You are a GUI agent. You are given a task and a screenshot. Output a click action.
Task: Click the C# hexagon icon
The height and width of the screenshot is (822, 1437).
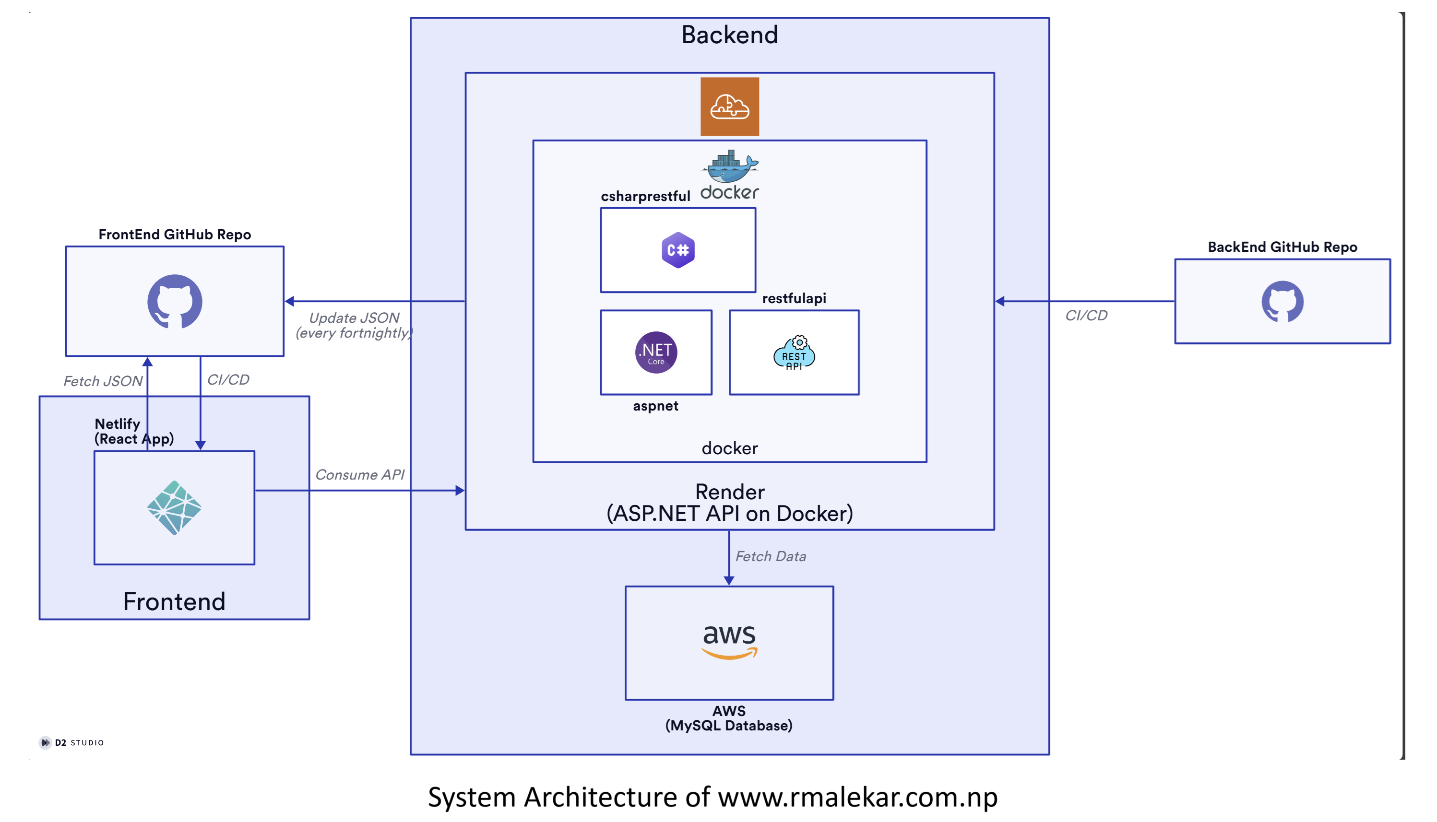point(677,249)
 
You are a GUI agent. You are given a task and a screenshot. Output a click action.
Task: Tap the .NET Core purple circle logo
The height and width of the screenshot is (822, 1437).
point(655,352)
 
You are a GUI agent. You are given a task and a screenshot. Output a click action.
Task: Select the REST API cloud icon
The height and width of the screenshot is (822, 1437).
point(794,353)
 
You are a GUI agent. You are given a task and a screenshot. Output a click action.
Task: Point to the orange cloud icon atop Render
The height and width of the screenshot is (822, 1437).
point(729,106)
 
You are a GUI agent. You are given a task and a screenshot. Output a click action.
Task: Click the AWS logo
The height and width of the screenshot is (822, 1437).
point(729,641)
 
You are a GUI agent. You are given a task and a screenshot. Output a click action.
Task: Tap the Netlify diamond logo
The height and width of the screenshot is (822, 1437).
point(174,507)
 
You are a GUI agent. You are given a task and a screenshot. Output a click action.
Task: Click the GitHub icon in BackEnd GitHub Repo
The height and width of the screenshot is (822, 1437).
point(1283,302)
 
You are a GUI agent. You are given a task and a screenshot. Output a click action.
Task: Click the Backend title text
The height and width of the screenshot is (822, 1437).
point(729,35)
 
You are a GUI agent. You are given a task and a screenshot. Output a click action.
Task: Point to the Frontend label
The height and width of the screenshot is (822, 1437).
point(174,601)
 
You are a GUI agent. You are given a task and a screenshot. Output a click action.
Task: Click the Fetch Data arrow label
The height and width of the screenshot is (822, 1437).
point(770,556)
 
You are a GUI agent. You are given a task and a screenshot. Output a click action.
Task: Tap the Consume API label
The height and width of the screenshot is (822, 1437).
point(360,474)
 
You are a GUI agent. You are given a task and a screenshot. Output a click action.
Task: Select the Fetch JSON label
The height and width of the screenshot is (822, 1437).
point(103,381)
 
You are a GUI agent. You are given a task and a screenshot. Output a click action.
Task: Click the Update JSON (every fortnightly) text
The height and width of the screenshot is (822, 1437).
point(354,325)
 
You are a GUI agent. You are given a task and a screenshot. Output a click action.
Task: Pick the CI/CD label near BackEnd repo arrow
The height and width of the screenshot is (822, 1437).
point(1086,315)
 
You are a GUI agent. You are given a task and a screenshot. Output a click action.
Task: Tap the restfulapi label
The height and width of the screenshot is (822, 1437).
point(794,298)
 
